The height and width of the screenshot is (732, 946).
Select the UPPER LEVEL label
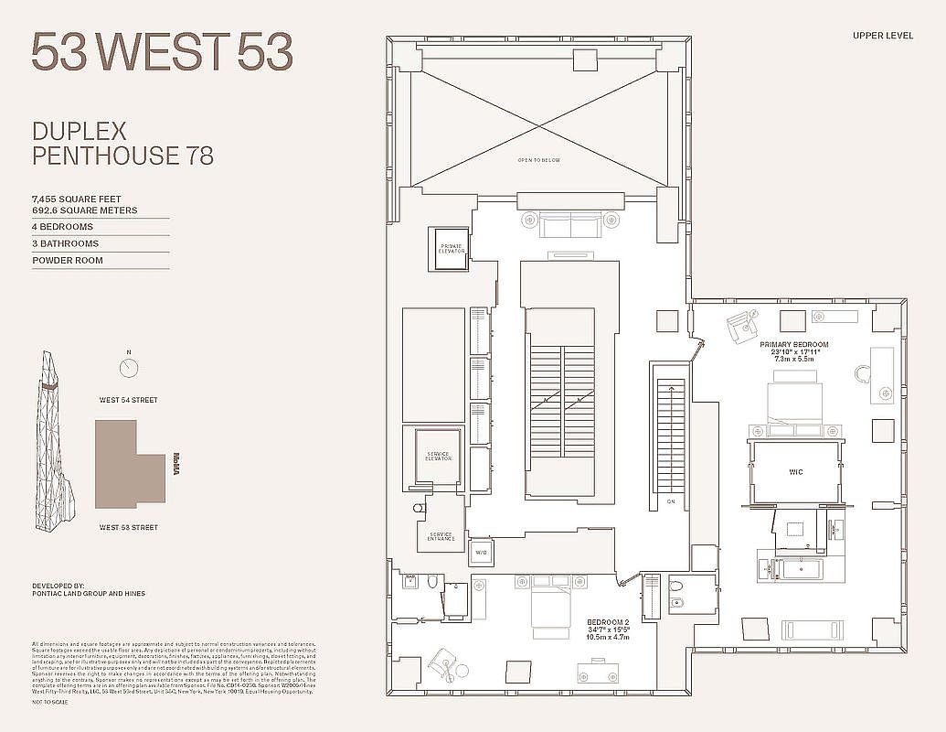[882, 36]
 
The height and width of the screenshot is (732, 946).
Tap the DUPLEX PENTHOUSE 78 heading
[122, 144]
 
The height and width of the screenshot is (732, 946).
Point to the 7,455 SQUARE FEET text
[77, 199]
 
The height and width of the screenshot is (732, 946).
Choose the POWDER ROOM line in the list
[68, 261]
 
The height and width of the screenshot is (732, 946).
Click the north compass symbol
[130, 367]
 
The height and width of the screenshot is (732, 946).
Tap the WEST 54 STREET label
[129, 400]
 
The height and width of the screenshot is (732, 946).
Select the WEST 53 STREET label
[129, 527]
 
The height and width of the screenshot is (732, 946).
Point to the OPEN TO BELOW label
[539, 160]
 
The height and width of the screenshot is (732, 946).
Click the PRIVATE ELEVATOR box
[452, 248]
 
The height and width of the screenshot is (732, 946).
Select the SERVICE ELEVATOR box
[438, 455]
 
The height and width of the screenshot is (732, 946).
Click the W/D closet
[480, 553]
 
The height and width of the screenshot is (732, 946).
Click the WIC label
[795, 472]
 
